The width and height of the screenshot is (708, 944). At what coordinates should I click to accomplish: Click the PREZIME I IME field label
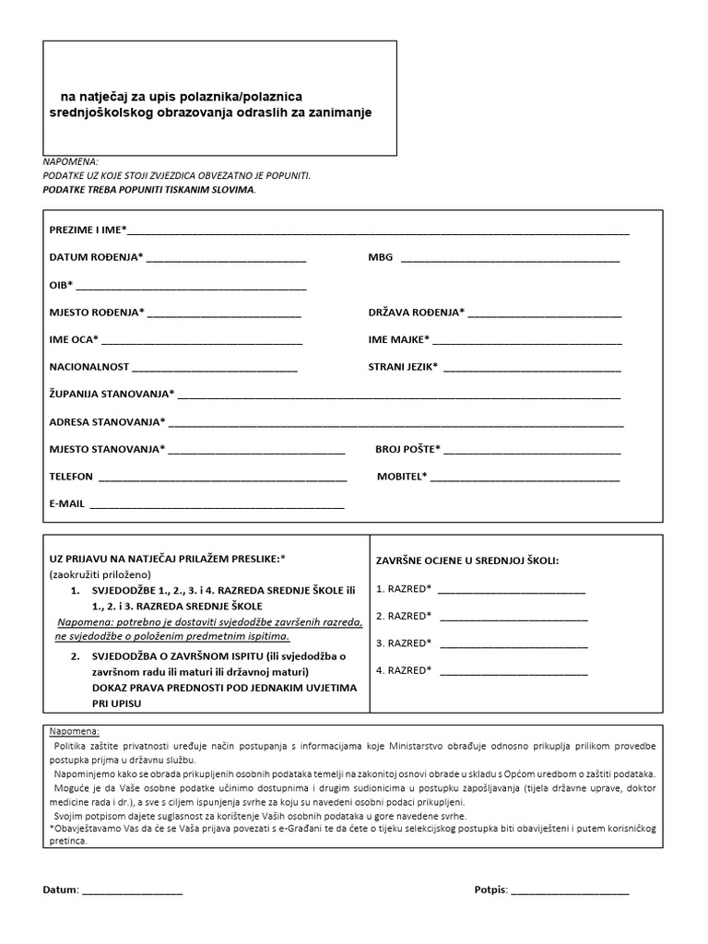88,229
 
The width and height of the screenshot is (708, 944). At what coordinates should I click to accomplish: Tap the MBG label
380,257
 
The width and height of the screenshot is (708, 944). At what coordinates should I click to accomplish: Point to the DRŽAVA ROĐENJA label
416,313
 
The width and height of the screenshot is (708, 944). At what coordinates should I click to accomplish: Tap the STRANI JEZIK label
403,367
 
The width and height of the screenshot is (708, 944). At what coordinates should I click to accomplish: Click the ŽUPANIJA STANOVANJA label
112,394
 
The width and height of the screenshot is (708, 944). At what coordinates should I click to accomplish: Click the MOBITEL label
402,477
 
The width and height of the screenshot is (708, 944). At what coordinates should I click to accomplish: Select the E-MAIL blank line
217,507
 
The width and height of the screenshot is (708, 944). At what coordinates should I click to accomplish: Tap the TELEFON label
71,477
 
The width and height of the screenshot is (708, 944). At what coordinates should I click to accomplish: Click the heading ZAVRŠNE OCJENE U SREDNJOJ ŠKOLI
467,560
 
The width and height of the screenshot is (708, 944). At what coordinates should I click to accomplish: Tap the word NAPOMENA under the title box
70,160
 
